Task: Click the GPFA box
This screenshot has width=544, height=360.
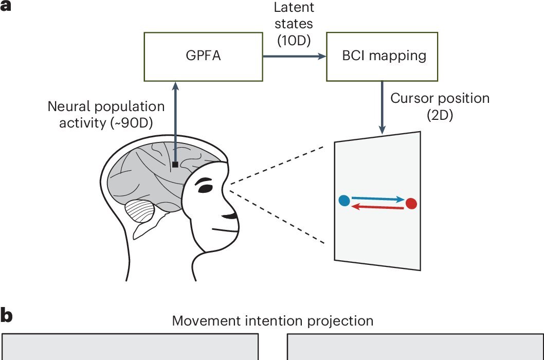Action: click(203, 56)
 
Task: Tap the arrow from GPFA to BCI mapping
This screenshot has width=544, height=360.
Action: click(294, 56)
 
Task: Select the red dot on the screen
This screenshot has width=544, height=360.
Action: click(411, 204)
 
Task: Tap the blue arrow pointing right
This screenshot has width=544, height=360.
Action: click(378, 199)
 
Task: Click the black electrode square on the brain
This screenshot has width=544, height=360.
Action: click(175, 165)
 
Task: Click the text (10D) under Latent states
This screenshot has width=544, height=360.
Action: click(294, 40)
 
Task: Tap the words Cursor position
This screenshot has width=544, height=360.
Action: click(440, 98)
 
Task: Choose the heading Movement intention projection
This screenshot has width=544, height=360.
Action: click(272, 321)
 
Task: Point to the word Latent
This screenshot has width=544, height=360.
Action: click(294, 8)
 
